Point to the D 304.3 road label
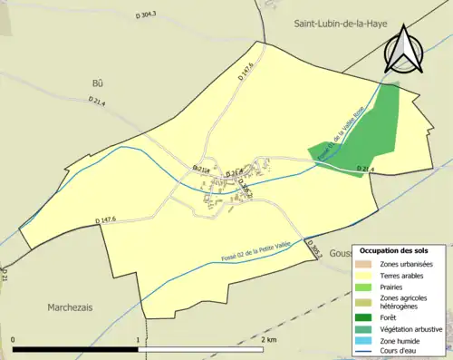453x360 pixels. click(142, 15)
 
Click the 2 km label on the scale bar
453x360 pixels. click(268, 339)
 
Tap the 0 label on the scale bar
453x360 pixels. click(13, 339)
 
